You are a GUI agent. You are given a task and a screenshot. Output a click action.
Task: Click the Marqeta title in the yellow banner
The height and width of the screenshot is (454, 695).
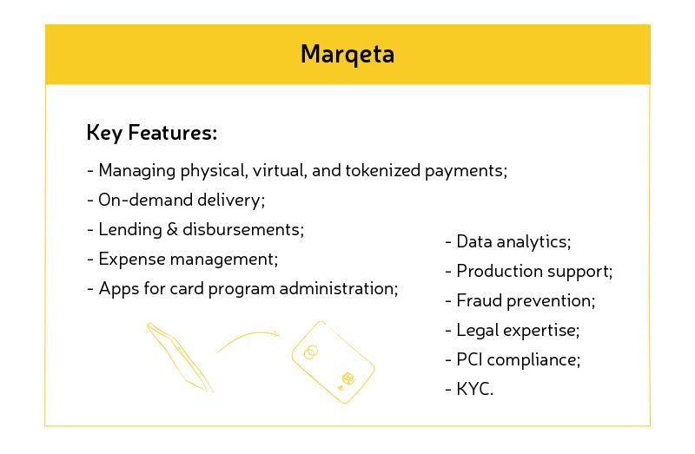click(347, 55)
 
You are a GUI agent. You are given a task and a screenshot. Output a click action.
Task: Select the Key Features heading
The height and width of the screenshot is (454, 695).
click(152, 133)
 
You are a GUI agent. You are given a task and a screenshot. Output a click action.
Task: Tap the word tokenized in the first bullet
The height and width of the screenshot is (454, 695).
click(382, 170)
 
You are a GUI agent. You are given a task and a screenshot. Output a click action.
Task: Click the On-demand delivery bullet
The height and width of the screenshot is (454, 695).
click(176, 201)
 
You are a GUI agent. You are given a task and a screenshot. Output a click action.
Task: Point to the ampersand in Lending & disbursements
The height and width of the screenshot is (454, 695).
click(172, 229)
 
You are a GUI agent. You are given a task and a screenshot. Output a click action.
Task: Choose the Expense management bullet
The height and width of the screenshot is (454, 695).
click(182, 259)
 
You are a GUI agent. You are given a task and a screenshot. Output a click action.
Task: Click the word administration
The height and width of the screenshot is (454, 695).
click(339, 288)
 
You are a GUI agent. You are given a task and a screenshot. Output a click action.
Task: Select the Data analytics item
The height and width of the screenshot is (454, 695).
click(508, 242)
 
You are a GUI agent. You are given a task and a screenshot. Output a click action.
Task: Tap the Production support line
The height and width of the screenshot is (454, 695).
click(529, 272)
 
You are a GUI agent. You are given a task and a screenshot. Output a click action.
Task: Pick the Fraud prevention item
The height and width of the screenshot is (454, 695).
click(520, 300)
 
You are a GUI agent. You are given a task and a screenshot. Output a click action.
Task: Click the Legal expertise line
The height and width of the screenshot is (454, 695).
click(513, 331)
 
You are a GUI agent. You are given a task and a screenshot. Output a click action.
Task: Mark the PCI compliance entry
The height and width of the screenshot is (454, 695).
click(513, 359)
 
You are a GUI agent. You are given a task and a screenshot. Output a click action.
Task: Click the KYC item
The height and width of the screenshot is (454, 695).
click(469, 390)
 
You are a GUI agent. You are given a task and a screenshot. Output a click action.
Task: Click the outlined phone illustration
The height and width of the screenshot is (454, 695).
click(180, 357)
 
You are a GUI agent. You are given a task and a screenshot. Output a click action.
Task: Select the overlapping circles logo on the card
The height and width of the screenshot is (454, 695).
click(311, 352)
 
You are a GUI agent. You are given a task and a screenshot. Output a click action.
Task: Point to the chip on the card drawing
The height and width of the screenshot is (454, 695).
click(348, 378)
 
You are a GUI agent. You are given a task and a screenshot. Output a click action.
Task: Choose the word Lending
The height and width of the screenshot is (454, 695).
click(130, 230)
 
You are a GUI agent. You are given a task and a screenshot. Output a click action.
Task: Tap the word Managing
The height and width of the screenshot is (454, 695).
click(137, 171)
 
